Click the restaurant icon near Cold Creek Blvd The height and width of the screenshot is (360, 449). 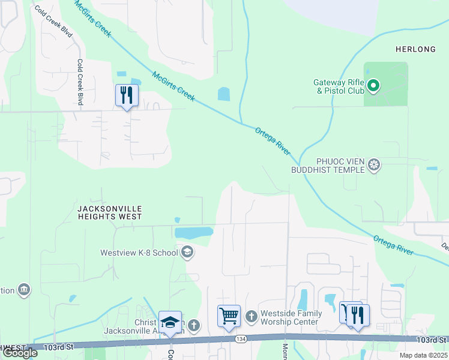pos(127,95)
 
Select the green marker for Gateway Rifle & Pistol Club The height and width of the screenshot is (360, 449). pos(373,86)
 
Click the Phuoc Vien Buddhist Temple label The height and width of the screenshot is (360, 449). pos(336,166)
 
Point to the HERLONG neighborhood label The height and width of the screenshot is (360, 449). pos(415,48)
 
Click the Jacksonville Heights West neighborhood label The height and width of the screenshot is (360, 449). pos(110,212)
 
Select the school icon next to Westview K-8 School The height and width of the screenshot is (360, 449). pos(187,252)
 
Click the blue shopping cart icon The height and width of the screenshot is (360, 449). pos(229,315)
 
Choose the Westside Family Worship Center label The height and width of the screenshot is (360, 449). pos(291,317)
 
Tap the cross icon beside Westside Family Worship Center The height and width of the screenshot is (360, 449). pos(251,315)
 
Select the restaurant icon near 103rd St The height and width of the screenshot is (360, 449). pos(358,315)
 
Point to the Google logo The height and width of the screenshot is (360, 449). pos(20,353)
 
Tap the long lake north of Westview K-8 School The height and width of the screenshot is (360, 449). pos(193,232)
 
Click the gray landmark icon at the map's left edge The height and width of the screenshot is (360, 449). pos(24,290)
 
